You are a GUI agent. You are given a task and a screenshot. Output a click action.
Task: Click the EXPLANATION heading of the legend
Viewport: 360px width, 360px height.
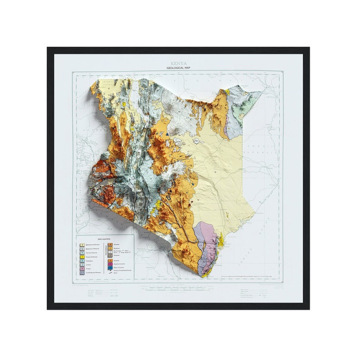pyautogui.click(x=104, y=238)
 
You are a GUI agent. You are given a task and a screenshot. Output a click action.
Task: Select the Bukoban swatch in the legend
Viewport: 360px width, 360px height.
pyautogui.click(x=110, y=244)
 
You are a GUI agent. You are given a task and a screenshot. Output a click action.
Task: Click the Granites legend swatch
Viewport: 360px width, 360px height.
pyautogui.click(x=110, y=261)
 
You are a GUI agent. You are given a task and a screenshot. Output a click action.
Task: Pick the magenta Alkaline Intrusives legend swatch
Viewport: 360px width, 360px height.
pyautogui.click(x=110, y=264)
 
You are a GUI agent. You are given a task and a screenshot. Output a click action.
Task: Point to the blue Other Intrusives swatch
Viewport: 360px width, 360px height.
pyautogui.click(x=110, y=268)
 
